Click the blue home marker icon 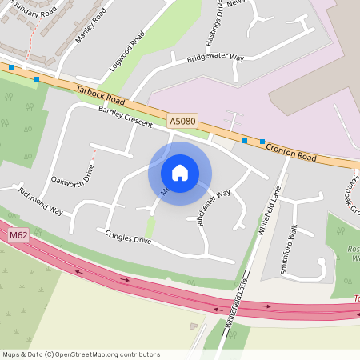point(180,173)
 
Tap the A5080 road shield point(182,121)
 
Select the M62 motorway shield point(18,236)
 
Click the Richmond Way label point(40,202)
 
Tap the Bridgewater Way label point(215,58)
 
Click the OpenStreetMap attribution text point(81,354)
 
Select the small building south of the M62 point(193,326)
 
